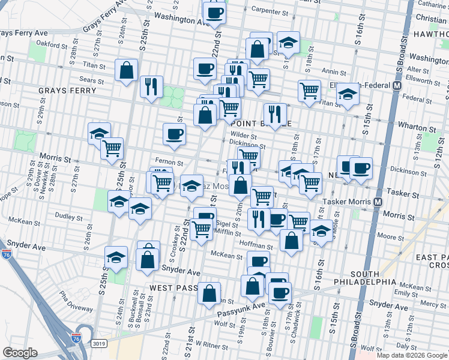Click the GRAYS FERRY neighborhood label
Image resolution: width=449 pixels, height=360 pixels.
click(x=67, y=91)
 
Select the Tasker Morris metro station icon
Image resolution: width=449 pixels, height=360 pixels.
click(x=378, y=202)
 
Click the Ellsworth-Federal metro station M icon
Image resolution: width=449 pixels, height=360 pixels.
click(x=397, y=86)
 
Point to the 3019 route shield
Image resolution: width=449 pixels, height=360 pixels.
click(x=100, y=344)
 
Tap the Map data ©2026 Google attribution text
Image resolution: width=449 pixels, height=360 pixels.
click(x=411, y=355)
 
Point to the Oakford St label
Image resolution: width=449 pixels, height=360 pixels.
click(x=49, y=43)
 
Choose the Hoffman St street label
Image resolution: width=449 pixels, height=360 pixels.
click(x=256, y=246)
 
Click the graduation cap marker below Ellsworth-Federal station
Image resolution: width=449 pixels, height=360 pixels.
click(x=347, y=94)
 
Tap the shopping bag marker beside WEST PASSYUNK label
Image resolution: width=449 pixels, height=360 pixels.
click(x=209, y=293)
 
